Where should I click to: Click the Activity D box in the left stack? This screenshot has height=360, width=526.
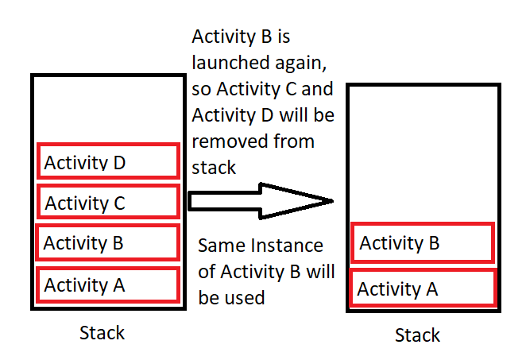(x=108, y=161)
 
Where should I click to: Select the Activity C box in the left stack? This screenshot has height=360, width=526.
(x=108, y=201)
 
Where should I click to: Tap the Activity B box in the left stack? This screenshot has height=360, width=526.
(x=108, y=242)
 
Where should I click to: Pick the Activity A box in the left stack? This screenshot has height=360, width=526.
(x=108, y=285)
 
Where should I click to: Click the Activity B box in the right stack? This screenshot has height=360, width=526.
(x=423, y=242)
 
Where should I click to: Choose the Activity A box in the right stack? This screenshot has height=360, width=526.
(x=423, y=288)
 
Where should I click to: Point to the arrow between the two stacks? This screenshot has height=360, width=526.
(x=261, y=201)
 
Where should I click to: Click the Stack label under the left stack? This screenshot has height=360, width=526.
(x=102, y=333)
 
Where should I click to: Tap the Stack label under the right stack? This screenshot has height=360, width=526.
(x=417, y=335)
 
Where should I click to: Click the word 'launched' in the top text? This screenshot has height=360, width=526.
(x=230, y=63)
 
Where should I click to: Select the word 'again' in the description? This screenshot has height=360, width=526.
(x=300, y=64)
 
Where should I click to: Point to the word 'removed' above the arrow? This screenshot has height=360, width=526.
(x=230, y=141)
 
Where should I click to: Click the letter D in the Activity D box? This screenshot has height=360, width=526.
(x=119, y=163)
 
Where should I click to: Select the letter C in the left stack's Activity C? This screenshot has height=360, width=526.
(x=119, y=203)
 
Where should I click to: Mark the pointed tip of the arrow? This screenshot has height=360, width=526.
(x=333, y=201)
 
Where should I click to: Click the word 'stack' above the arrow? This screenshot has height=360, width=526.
(x=214, y=168)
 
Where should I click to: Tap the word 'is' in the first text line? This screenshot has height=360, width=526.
(x=284, y=37)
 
